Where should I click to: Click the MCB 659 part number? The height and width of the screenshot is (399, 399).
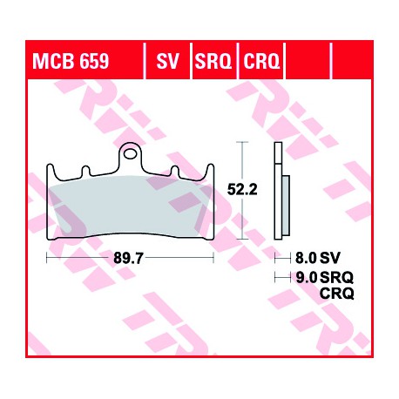point(71,61)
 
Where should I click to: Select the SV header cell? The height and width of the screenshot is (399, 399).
point(167,61)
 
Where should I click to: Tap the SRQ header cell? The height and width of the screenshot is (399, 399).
point(213,61)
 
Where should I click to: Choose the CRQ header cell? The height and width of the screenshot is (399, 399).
point(261,61)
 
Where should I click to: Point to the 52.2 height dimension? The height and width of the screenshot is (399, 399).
point(242,190)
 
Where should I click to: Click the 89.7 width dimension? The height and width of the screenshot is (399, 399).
point(128,258)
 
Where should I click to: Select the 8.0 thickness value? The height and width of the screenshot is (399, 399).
point(306,258)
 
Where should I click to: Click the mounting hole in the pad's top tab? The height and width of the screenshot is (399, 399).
point(130,154)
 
